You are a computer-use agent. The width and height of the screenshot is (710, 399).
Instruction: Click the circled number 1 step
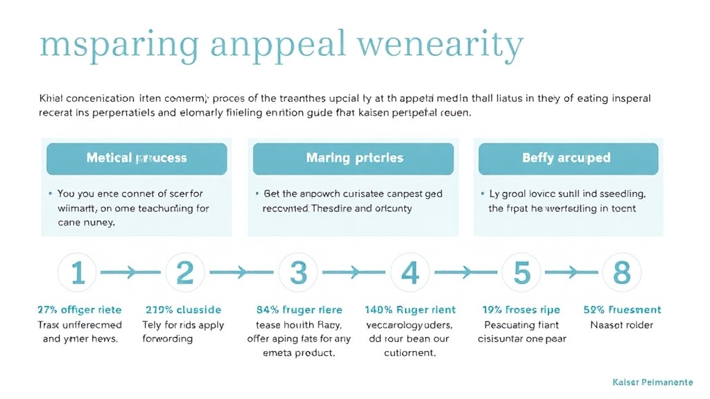pyautogui.click(x=78, y=273)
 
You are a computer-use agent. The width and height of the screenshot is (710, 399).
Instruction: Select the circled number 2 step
pyautogui.click(x=184, y=273)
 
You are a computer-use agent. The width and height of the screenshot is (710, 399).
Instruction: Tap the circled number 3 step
pyautogui.click(x=298, y=273)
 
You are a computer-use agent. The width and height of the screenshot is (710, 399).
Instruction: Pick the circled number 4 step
pyautogui.click(x=410, y=273)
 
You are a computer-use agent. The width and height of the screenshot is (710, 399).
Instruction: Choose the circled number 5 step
pyautogui.click(x=521, y=273)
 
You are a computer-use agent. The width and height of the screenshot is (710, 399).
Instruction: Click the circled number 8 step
pyautogui.click(x=622, y=273)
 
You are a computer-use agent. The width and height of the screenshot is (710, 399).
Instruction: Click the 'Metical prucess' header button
pyautogui.click(x=137, y=159)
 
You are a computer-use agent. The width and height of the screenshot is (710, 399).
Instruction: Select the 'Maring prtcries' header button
pyautogui.click(x=354, y=159)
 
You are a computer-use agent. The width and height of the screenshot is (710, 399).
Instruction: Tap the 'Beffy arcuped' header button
pyautogui.click(x=566, y=159)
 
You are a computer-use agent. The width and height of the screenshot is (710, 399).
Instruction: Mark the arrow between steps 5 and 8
pyautogui.click(x=572, y=274)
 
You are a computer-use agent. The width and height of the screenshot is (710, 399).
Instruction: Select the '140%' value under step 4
pyautogui.click(x=379, y=310)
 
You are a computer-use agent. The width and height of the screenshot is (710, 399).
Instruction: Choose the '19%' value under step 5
pyautogui.click(x=494, y=310)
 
